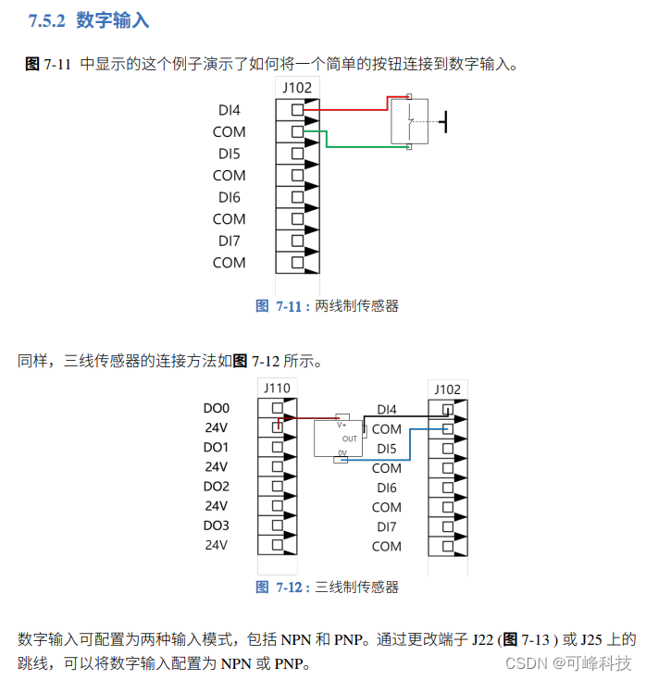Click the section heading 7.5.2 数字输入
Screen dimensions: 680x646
[x=89, y=19]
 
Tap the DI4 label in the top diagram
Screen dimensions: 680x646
[x=230, y=110]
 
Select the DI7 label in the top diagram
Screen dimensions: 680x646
[x=230, y=241]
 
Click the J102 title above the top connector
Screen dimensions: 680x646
[x=297, y=87]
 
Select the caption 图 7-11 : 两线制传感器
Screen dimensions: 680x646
[x=327, y=305]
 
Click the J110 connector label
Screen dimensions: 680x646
[x=277, y=389]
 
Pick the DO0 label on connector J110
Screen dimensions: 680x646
[x=216, y=408]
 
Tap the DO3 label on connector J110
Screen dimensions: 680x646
[x=216, y=525]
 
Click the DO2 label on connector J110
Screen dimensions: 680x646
[x=216, y=487]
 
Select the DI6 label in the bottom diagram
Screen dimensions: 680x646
[x=386, y=488]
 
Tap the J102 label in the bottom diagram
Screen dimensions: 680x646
[x=448, y=389]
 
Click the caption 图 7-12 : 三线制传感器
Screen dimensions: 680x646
[x=327, y=587]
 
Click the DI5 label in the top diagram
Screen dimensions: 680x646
[x=230, y=154]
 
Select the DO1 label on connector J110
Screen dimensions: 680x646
[x=216, y=448]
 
